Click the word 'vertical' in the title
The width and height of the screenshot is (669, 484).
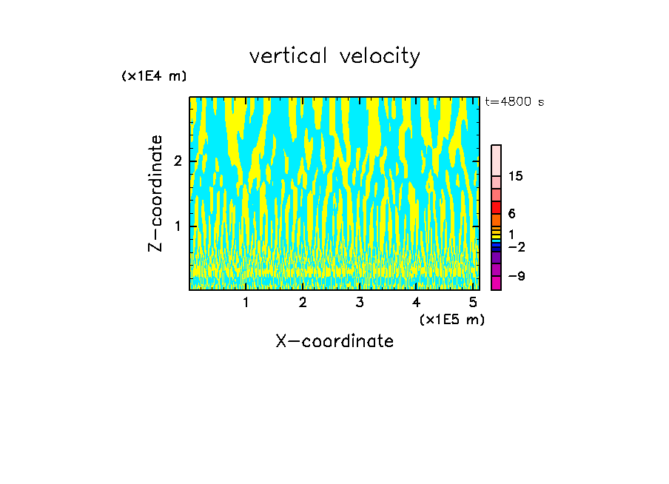[x=286, y=56]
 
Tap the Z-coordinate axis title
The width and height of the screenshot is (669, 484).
[x=155, y=193]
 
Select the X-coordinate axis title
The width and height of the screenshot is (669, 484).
[x=334, y=341]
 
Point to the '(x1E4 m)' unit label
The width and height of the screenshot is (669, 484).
[x=154, y=76]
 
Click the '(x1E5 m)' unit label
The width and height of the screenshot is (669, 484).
[x=451, y=319]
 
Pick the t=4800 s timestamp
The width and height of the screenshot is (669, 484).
[x=514, y=102]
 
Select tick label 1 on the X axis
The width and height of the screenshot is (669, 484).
[x=246, y=303]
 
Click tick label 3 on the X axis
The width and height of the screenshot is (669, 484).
[x=360, y=303]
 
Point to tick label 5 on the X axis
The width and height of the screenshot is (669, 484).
[x=473, y=303]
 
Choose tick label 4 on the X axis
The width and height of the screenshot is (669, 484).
[x=416, y=303]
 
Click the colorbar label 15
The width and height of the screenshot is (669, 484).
[x=516, y=176]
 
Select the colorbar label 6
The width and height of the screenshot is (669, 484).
[x=511, y=214]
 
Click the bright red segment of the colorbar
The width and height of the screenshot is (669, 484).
[x=497, y=207]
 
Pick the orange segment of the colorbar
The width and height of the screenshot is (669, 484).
[x=497, y=220]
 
